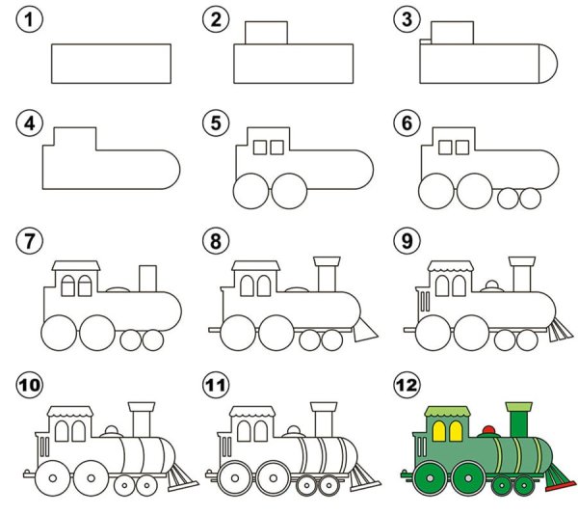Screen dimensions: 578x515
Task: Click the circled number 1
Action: (x=30, y=19)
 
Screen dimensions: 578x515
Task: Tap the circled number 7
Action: (x=30, y=240)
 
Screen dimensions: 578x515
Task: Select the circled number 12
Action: (x=407, y=385)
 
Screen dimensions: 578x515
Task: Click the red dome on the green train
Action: (x=488, y=430)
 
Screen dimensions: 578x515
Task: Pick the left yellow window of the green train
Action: (x=439, y=431)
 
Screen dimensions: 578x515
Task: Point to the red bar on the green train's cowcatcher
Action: (x=561, y=487)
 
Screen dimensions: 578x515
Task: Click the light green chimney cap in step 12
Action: (x=519, y=407)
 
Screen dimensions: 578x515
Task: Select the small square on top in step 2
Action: (x=266, y=33)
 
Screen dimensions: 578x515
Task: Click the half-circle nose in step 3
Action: (x=548, y=64)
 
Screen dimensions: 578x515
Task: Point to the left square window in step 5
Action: (x=260, y=148)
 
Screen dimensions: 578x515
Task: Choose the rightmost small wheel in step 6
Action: (x=530, y=198)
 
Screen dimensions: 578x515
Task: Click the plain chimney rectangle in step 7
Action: (x=147, y=279)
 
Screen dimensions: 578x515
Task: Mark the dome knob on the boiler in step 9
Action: (x=492, y=285)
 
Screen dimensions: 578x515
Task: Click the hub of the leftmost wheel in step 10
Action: (x=53, y=478)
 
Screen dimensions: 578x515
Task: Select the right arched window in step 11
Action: (x=261, y=431)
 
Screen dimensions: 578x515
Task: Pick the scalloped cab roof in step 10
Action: (x=70, y=412)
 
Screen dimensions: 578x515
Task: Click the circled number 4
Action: (x=30, y=122)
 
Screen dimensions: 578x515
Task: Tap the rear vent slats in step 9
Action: (x=425, y=302)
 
